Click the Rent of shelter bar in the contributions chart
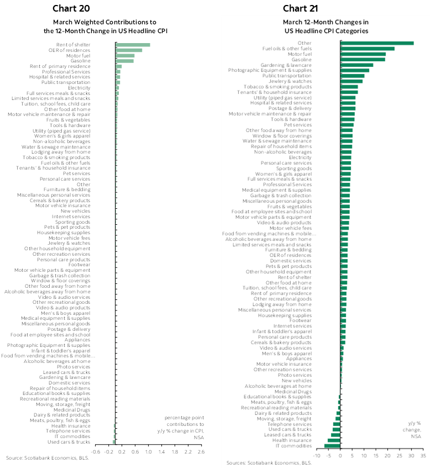tap(133, 45)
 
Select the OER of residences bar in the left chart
tap(129, 50)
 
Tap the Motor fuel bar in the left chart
tap(125, 55)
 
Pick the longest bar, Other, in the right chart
tap(377, 43)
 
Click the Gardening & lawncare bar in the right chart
tap(357, 65)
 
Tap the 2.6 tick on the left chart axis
tap(201, 452)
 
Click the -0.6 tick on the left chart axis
tap(96, 452)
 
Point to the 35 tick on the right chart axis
tap(423, 456)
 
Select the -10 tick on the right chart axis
tap(317, 456)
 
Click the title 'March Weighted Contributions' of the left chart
tap(106, 22)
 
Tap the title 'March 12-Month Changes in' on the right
tap(325, 22)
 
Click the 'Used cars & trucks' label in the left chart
tap(69, 442)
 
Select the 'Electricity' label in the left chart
tap(78, 88)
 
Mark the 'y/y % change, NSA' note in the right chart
tap(415, 430)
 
